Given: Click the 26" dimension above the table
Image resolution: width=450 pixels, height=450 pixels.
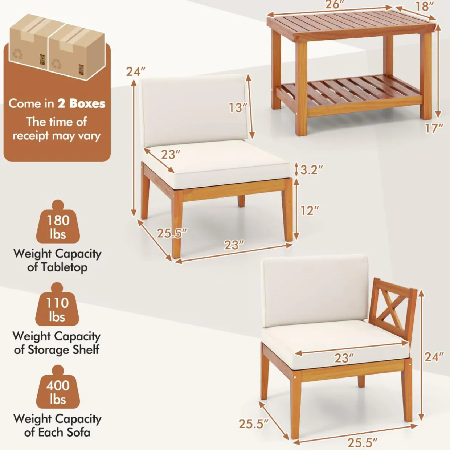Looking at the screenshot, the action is pyautogui.click(x=335, y=4).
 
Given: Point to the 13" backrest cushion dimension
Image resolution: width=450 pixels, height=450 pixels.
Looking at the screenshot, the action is pyautogui.click(x=238, y=107).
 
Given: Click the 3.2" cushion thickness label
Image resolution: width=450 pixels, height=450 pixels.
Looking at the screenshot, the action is pyautogui.click(x=311, y=170).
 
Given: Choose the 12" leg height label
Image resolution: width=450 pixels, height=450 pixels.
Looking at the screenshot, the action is pyautogui.click(x=310, y=210).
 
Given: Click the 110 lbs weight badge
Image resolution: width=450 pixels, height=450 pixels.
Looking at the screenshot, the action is pyautogui.click(x=57, y=307).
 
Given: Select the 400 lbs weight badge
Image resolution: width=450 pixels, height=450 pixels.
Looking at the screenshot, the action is pyautogui.click(x=58, y=389).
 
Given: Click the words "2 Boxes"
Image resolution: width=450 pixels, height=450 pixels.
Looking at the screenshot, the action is pyautogui.click(x=81, y=104).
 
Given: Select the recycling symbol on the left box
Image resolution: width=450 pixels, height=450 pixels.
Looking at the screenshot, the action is pyautogui.click(x=18, y=53).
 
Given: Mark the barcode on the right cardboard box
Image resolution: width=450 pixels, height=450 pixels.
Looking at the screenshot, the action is pyautogui.click(x=81, y=70).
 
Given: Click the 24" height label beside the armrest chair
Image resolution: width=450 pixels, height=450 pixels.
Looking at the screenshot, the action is pyautogui.click(x=434, y=357).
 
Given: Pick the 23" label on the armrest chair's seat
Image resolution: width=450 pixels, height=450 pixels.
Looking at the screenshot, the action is pyautogui.click(x=344, y=358).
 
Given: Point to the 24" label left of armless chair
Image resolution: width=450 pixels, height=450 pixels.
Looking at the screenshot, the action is pyautogui.click(x=136, y=71).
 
